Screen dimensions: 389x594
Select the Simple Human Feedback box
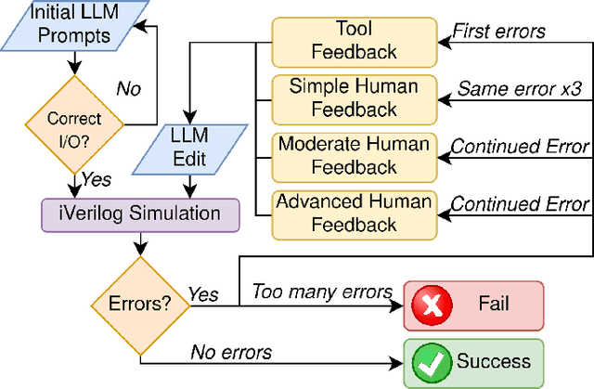click(x=352, y=98)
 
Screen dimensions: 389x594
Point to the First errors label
click(x=498, y=31)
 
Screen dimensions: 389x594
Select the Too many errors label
click(x=322, y=292)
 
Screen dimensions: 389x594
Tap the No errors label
click(x=231, y=351)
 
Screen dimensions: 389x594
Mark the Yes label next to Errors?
click(x=202, y=293)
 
